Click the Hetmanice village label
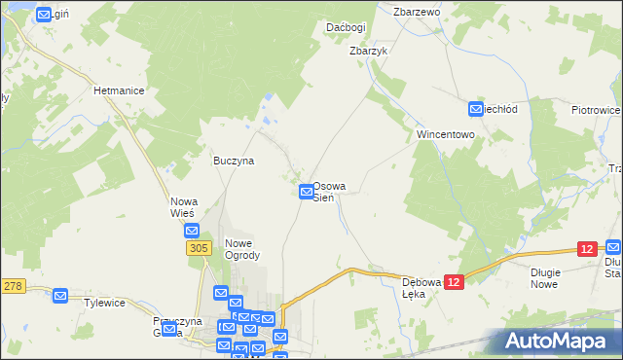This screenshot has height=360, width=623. pos(119,90)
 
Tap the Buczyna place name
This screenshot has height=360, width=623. pos(234,161)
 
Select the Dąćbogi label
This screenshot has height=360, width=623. pos(346,27)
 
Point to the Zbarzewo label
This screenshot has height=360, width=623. pos(418,12)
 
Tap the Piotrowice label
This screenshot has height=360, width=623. pos(596,110)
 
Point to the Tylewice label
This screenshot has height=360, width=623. pos(105,303)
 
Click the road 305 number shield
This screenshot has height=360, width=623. pos(198,249)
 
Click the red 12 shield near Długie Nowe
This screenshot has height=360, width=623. pos(586,250)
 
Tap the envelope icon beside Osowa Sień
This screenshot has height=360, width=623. pos(307,193)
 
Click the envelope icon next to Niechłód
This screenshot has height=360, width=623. pos(476,109)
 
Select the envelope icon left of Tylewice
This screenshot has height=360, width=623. pos(60,295)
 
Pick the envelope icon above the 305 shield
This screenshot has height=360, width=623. pos(192,232)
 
